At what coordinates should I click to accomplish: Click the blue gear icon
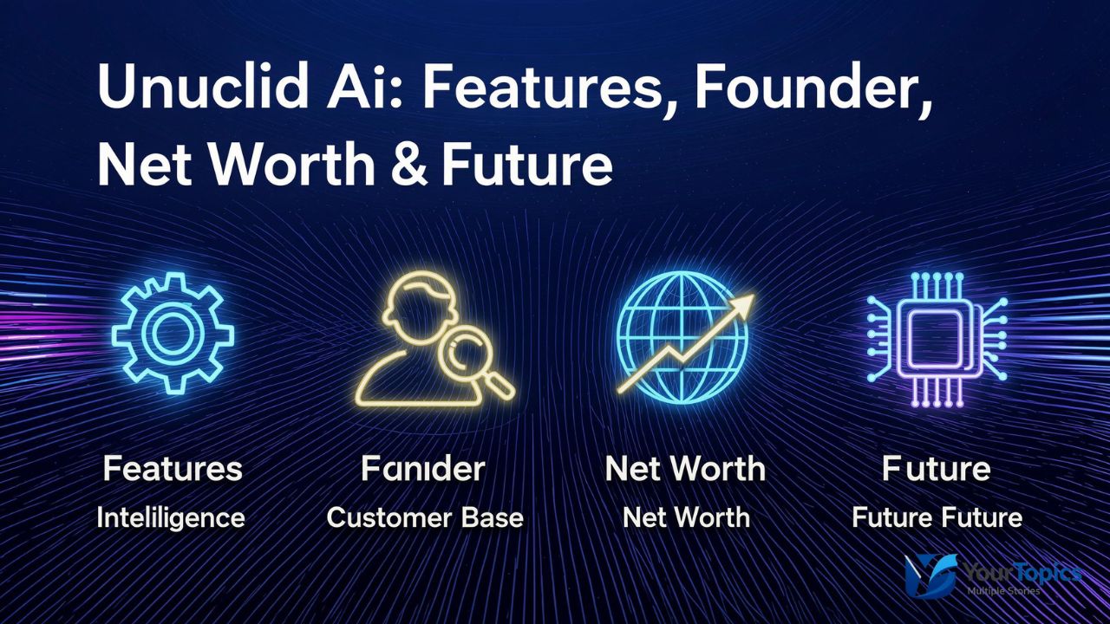click(173, 334)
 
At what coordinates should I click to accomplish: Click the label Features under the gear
click(173, 469)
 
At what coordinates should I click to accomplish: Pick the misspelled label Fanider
click(423, 469)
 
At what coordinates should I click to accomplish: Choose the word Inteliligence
click(171, 518)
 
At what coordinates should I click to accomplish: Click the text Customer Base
click(425, 518)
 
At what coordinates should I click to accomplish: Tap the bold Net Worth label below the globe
click(685, 469)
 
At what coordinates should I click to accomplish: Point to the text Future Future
click(937, 518)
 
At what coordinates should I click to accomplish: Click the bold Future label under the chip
click(936, 469)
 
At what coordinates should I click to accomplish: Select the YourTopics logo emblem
click(930, 575)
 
